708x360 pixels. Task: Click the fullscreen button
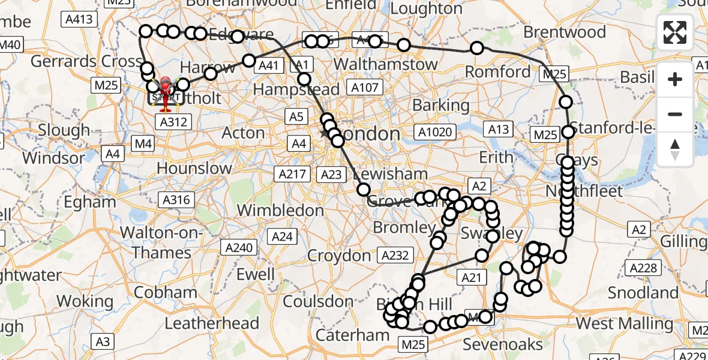point(675,32)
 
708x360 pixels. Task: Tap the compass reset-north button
point(675,149)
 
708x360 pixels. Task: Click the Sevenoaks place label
point(503,344)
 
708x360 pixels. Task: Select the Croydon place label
point(339,256)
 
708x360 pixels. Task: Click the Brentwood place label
point(565,31)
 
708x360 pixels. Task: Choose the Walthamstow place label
point(385,64)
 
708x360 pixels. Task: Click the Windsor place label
point(54,158)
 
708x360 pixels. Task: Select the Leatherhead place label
point(212,323)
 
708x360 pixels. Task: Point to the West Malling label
point(625,324)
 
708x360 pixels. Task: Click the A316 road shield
point(177,200)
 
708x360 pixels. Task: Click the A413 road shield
point(79,20)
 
